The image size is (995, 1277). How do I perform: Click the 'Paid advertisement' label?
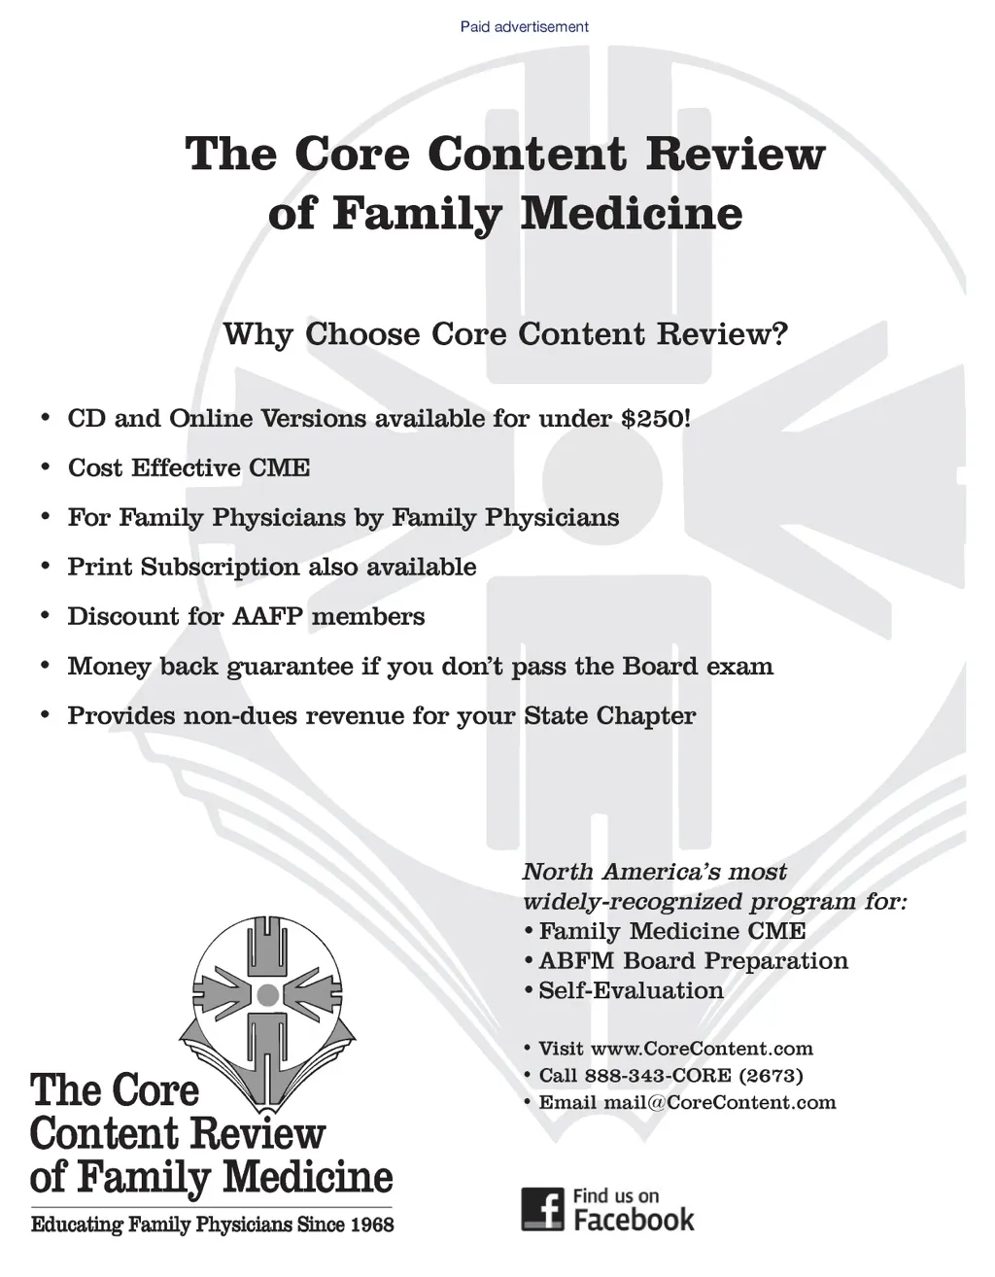524,26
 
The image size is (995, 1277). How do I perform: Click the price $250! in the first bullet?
656,419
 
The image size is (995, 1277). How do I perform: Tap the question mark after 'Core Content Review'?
777,334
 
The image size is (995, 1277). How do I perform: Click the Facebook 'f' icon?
542,1208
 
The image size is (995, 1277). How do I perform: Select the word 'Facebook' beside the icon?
634,1220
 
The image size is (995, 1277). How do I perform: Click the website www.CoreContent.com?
702,1049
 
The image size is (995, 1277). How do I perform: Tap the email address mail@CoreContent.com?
719,1102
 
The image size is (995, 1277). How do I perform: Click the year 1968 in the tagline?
372,1225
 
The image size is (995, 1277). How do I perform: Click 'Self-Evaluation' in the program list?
631,991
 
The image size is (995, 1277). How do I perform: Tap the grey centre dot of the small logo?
267,994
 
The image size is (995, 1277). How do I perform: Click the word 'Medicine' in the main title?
631,214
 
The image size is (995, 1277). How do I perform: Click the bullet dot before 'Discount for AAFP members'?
45,616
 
